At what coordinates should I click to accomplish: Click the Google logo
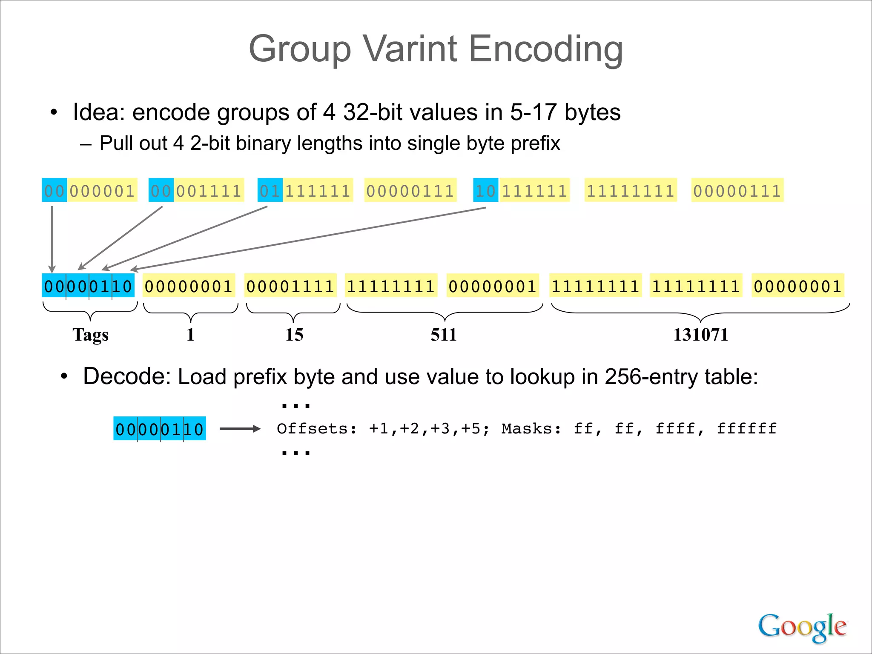[x=802, y=627]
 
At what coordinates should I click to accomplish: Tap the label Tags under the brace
[x=90, y=335]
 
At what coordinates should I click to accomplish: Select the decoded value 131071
[x=700, y=335]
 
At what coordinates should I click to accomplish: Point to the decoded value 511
[x=444, y=335]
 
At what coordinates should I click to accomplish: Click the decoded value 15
[x=294, y=335]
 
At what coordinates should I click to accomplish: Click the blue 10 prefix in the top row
[x=485, y=190]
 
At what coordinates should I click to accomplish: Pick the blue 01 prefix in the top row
[x=270, y=190]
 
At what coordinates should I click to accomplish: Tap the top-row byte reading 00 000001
[x=89, y=190]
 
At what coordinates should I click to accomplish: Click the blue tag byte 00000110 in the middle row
[x=88, y=286]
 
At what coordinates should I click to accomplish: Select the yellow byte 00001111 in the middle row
[x=290, y=286]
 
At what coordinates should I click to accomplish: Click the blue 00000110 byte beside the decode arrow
[x=160, y=429]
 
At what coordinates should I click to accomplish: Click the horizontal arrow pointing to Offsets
[x=240, y=429]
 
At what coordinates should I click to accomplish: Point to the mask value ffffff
[x=747, y=428]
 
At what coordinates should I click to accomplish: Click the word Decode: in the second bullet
[x=126, y=376]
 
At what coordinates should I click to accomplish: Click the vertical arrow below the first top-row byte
[x=52, y=238]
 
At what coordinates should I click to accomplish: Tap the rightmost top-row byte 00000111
[x=737, y=190]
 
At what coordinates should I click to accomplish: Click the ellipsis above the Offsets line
[x=296, y=406]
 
